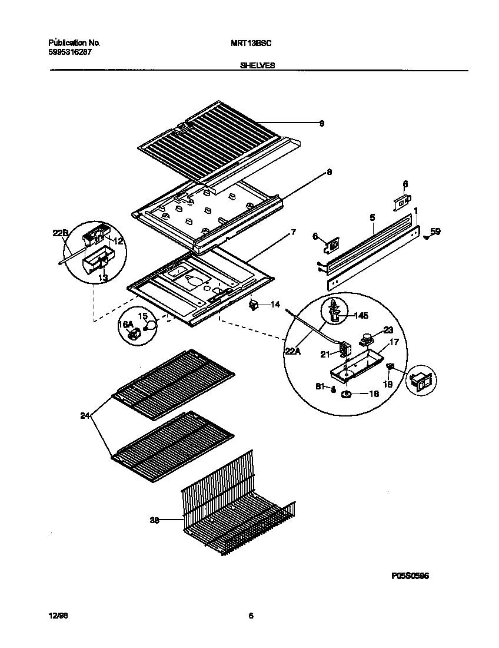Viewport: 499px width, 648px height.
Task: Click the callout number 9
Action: click(322, 124)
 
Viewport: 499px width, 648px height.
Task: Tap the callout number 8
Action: click(330, 173)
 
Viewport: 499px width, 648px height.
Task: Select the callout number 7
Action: click(293, 233)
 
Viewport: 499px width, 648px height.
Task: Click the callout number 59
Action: click(435, 232)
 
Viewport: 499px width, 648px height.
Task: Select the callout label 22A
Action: click(292, 352)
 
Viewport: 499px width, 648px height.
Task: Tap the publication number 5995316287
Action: click(69, 52)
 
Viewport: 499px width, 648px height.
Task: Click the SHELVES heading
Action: click(257, 66)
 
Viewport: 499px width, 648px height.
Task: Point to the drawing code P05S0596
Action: click(410, 576)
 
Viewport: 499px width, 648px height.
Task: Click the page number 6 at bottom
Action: click(251, 616)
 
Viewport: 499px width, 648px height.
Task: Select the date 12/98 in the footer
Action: click(58, 616)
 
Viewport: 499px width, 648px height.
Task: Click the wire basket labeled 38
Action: click(235, 507)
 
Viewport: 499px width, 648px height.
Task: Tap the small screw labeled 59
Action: click(426, 236)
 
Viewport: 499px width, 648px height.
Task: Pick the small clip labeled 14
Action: click(254, 305)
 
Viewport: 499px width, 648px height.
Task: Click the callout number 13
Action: click(103, 277)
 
